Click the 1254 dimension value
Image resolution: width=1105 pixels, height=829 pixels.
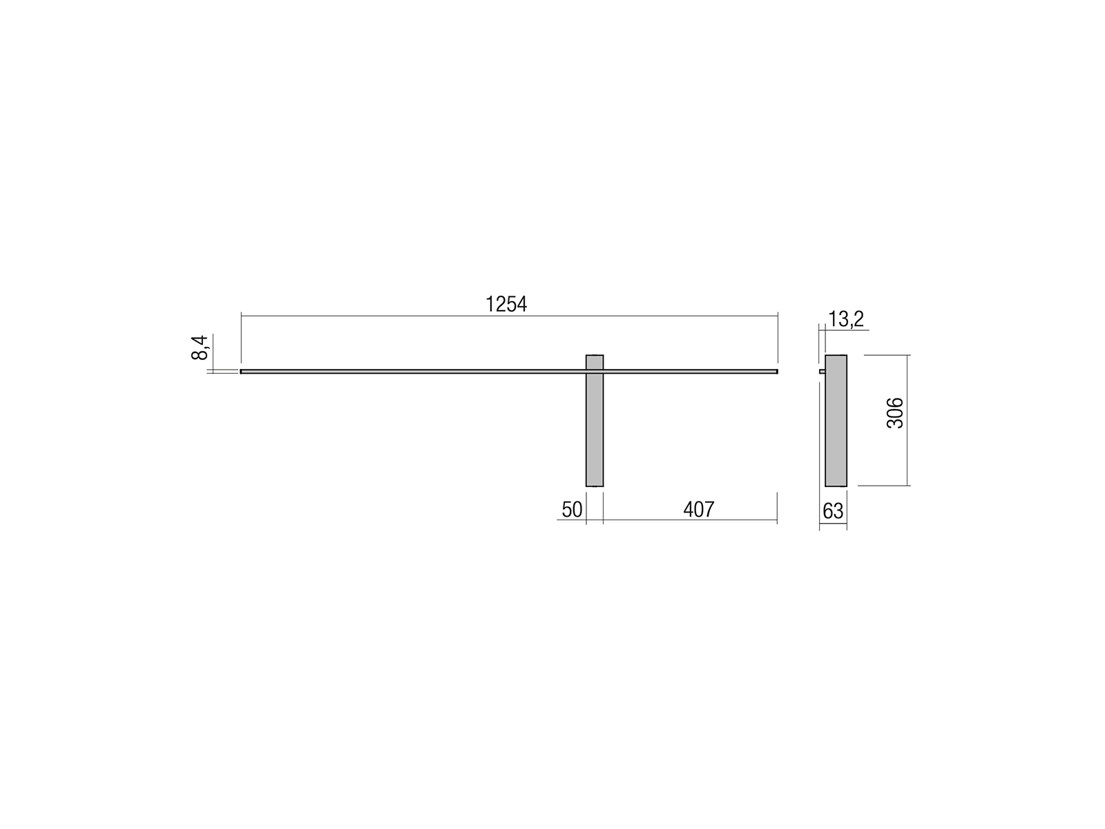click(x=506, y=304)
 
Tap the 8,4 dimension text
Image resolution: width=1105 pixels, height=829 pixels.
click(x=200, y=347)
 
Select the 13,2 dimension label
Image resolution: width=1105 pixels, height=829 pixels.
click(x=846, y=319)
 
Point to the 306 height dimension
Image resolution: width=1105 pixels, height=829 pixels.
click(x=894, y=412)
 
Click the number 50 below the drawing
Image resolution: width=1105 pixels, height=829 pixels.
click(x=572, y=509)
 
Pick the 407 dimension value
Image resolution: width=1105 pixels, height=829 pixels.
click(x=699, y=509)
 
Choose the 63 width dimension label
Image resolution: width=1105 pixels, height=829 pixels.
click(x=833, y=511)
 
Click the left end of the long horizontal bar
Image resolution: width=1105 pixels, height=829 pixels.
click(x=241, y=372)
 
